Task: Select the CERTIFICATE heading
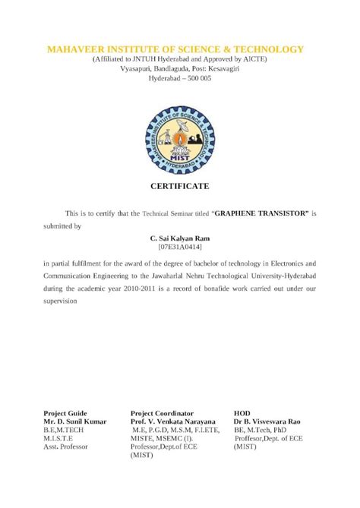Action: click(x=179, y=186)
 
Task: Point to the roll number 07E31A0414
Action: click(x=179, y=247)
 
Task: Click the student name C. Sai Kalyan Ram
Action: click(x=179, y=238)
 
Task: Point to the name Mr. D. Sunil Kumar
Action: click(x=74, y=421)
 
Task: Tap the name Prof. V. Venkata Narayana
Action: click(x=173, y=421)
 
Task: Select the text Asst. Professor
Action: click(x=65, y=446)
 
